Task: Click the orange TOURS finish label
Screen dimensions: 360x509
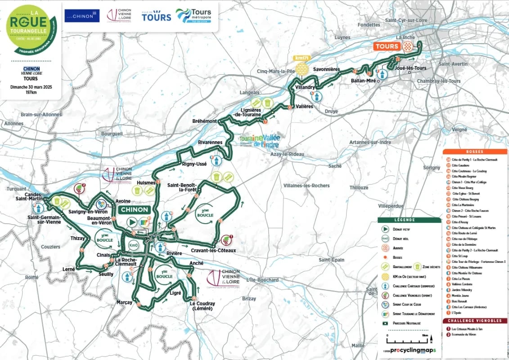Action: (387, 46)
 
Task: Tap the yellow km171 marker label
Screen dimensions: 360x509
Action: (301, 58)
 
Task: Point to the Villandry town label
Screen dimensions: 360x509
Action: (305, 87)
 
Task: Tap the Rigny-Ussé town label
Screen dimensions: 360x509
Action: (194, 164)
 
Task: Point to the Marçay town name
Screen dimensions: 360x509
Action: (124, 302)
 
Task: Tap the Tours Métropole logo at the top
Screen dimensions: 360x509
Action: (194, 16)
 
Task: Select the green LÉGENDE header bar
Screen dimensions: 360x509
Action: (409, 220)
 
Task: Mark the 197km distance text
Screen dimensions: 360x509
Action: (31, 92)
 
